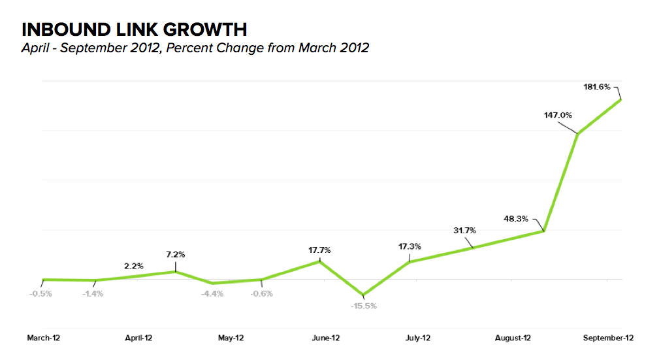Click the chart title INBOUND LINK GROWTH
[x=135, y=29]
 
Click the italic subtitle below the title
[x=195, y=48]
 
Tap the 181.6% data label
[x=596, y=86]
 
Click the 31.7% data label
[x=464, y=230]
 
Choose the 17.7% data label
[x=319, y=250]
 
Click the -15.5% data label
[x=364, y=306]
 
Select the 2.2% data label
[x=135, y=266]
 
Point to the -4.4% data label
[x=212, y=293]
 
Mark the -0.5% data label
[x=40, y=293]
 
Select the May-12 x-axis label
[x=231, y=338]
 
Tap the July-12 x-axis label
[x=417, y=338]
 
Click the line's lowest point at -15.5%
[x=364, y=295]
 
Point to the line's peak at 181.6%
[x=620, y=99]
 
